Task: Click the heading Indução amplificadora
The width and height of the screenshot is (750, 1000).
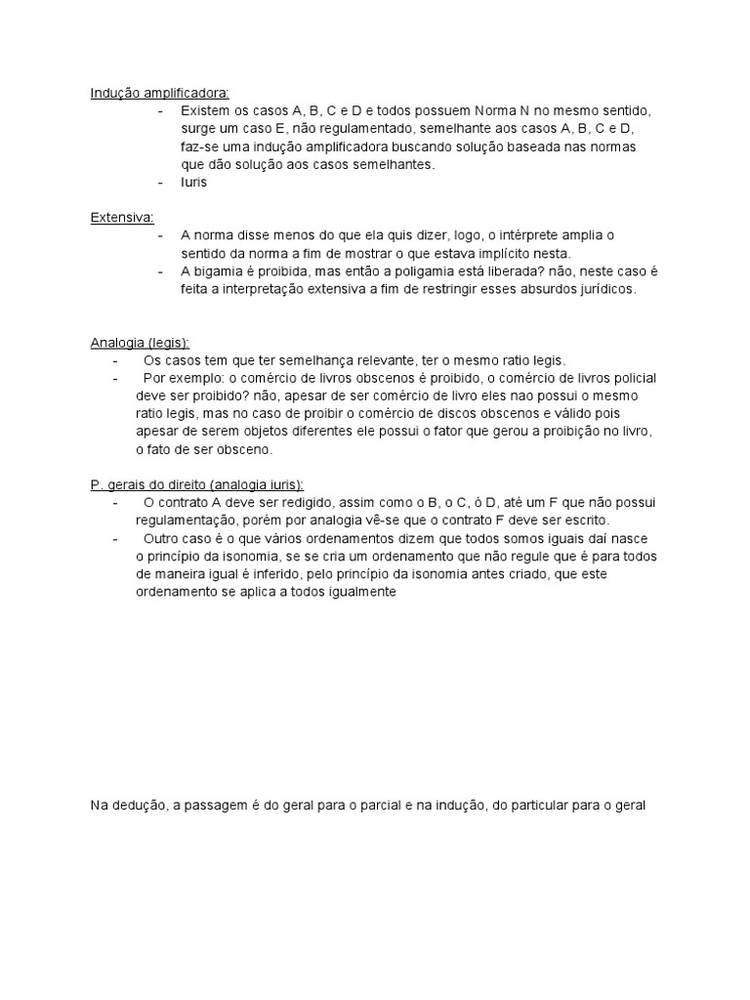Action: pos(160,94)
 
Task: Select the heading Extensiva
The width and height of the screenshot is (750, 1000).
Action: pos(122,218)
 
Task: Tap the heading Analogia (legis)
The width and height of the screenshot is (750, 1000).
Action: pos(141,343)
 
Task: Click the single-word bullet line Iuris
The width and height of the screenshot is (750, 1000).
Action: pos(194,183)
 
